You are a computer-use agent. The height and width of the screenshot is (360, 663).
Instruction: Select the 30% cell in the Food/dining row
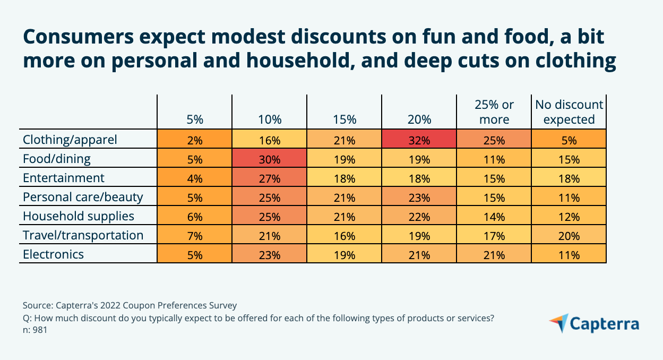coord(270,159)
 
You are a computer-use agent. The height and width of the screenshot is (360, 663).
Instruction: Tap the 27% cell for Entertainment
coord(270,178)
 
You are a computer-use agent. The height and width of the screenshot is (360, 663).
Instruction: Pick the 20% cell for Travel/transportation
coord(569,235)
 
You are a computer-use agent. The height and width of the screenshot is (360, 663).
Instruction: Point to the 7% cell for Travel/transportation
coord(195,235)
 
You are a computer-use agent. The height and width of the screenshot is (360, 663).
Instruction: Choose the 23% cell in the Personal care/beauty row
coord(419,197)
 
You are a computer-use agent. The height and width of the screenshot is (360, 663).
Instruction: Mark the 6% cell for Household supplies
coord(195,216)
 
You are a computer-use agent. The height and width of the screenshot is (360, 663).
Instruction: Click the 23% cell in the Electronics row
coord(270,254)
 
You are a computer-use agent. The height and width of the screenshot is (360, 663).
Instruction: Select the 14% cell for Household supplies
coord(494,216)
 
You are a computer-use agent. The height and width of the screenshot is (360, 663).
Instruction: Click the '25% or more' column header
coord(494,112)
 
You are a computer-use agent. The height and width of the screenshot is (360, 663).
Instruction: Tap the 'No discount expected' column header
coord(569,112)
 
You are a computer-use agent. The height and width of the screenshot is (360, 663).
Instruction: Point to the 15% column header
coord(345,119)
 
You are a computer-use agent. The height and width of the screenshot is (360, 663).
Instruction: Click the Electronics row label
coord(53,254)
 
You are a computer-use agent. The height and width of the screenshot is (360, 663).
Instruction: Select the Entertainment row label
coord(64,178)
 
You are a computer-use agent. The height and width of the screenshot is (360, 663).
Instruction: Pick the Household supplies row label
coord(78,216)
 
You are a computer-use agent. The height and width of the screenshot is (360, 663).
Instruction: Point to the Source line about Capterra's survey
coord(130,305)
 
